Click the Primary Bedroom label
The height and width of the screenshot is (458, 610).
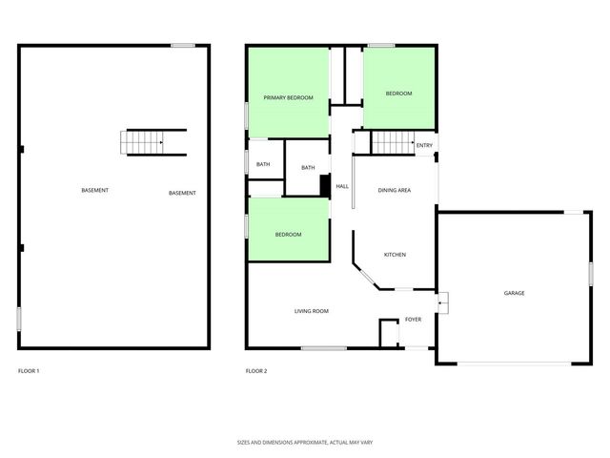click(289, 97)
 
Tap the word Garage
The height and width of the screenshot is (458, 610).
click(514, 293)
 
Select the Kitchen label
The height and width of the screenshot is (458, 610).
click(395, 255)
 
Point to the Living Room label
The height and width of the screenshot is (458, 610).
click(311, 311)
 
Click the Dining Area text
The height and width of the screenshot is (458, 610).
click(395, 191)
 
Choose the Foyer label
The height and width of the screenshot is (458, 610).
click(413, 319)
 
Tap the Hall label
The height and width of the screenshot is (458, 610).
click(342, 186)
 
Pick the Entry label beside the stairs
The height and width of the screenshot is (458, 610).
click(424, 145)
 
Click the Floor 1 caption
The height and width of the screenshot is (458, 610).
click(29, 370)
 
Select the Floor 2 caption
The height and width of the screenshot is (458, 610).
click(256, 370)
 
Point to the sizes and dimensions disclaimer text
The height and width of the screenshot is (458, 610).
click(304, 443)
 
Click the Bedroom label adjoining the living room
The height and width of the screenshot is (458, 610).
click(288, 235)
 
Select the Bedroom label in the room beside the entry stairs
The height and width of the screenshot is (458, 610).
click(398, 94)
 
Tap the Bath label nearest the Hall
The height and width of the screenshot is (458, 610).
click(308, 168)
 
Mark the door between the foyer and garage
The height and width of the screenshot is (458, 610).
click(441, 303)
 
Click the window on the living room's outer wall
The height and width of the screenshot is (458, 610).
click(323, 348)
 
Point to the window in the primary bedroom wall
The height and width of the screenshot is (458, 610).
click(247, 113)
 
